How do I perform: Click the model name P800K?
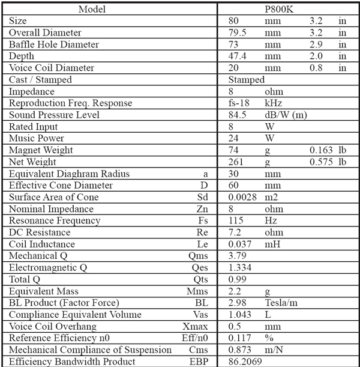pos(288,9)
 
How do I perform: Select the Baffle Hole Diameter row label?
pos(54,44)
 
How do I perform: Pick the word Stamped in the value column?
pos(246,79)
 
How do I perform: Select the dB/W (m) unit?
pos(286,115)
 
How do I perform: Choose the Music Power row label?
pos(37,138)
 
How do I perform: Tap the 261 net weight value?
pos(236,162)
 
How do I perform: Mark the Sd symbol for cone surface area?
pos(202,197)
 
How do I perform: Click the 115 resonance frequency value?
pos(236,220)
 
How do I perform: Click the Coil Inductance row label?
pos(42,244)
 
